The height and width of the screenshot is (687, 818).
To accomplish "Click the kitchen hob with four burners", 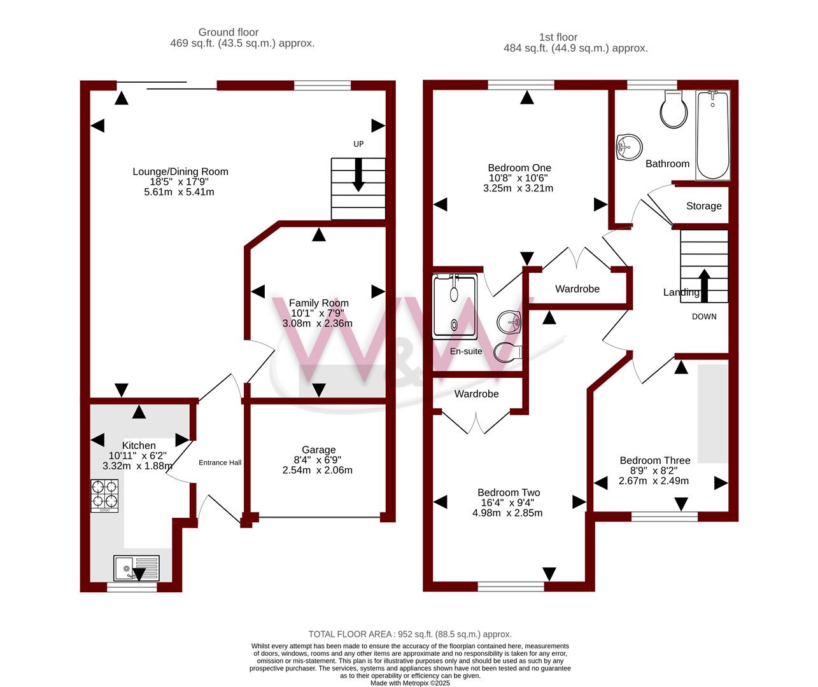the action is point(104,496).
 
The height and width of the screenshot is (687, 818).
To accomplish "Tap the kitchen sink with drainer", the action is point(136,568).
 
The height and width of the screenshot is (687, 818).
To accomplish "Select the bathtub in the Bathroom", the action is point(712,135).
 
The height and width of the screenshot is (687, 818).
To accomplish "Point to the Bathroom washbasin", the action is point(629,147).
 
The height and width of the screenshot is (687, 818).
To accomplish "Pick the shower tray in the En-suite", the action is point(455,306).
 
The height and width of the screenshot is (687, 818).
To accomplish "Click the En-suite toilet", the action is point(508,352).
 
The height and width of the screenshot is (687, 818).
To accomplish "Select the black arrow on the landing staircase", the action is point(705,286).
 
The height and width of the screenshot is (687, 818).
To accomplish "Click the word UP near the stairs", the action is point(358,144).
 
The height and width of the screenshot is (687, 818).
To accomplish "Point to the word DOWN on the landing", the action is point(704,317).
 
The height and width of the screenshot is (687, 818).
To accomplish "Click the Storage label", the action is point(703,206).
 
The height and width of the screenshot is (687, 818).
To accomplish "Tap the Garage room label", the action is point(318,450).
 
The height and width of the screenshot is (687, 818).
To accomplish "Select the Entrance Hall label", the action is point(220,462).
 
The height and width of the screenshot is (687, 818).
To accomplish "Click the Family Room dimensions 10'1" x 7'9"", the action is point(317,313).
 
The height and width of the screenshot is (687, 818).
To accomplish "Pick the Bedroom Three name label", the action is point(655,461).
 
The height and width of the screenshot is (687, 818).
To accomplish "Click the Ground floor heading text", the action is point(229,32).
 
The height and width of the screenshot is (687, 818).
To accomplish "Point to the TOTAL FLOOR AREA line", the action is point(410,634).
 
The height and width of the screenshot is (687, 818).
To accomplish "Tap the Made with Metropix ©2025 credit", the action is point(410,683).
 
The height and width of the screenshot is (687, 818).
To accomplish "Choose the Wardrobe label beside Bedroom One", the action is point(577,289).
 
